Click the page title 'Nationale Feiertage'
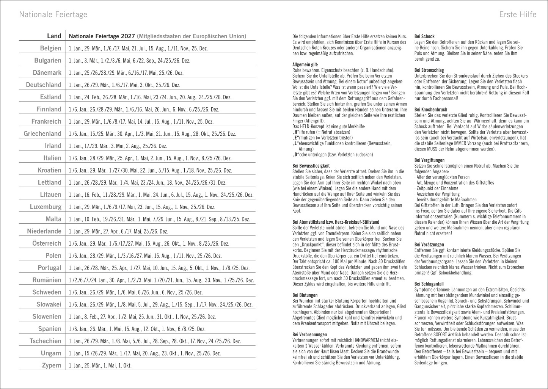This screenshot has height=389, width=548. click(x=53, y=14)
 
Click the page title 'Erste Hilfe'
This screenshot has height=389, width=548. click(x=517, y=14)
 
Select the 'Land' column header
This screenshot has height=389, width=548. click(x=54, y=36)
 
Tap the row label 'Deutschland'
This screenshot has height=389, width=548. click(x=43, y=85)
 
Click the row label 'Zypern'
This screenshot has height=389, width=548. click(x=52, y=365)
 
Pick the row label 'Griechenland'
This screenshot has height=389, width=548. click(x=42, y=133)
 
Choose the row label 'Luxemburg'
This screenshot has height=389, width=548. click(x=46, y=207)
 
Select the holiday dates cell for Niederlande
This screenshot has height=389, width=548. click(x=118, y=231)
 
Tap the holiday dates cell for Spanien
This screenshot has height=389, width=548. click(x=137, y=329)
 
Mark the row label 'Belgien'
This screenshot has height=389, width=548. click(x=50, y=48)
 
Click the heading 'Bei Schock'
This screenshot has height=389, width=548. click(x=425, y=36)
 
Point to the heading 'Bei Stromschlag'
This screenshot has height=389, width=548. click(x=429, y=71)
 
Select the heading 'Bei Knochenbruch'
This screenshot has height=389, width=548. click(x=431, y=110)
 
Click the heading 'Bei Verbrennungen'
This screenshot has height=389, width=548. click(x=310, y=334)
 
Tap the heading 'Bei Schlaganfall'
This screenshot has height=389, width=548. click(x=429, y=284)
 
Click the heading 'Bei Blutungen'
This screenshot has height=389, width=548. click(x=305, y=295)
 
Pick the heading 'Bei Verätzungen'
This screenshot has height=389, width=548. click(x=429, y=245)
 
